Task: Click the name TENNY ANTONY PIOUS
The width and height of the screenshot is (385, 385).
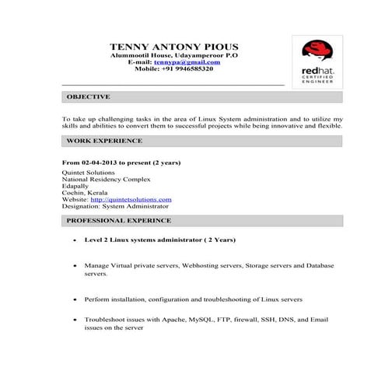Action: tap(173, 47)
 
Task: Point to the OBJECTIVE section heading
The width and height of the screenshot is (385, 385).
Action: tap(88, 97)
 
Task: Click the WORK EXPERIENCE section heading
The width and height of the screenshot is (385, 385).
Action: tap(104, 141)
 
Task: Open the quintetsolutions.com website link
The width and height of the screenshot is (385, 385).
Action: tap(131, 199)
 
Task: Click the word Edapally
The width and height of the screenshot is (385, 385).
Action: tap(75, 186)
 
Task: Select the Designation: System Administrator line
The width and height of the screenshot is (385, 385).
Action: tap(114, 206)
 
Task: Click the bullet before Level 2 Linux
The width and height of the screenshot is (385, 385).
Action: tap(74, 241)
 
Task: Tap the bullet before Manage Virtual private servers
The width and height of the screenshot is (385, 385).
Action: tap(74, 266)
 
